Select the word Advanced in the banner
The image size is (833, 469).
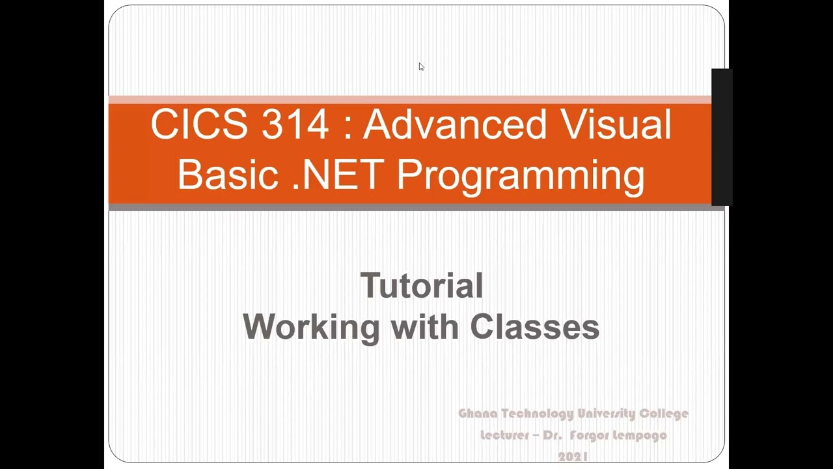454,124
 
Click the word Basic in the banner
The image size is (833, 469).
228,175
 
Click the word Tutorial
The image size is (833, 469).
422,286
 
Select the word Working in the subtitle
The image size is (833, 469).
311,326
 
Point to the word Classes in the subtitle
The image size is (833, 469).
534,326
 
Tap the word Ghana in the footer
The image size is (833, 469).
478,414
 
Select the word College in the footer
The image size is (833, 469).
664,414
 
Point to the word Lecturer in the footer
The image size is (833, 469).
505,435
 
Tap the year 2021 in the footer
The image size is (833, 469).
573,457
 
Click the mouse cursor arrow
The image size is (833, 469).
421,66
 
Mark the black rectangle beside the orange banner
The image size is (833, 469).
722,137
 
